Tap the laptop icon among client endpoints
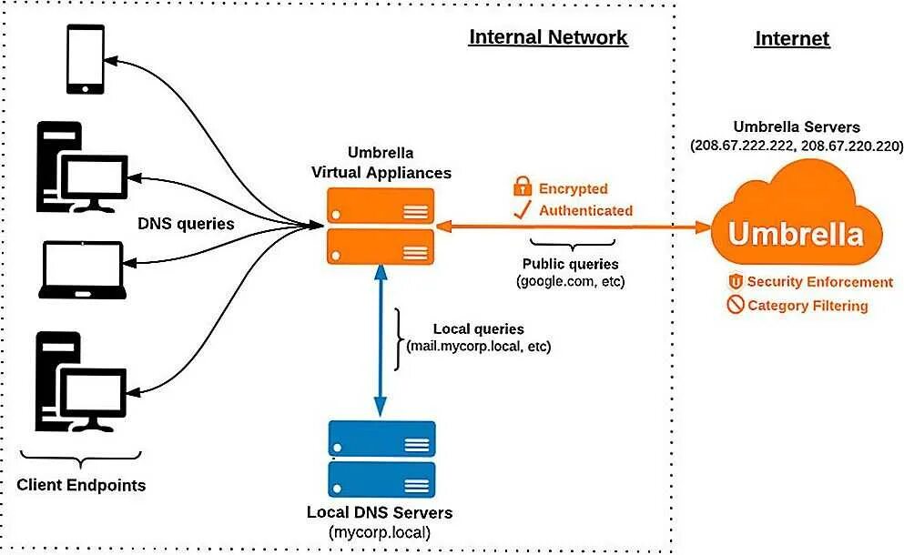point(82,270)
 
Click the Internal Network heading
point(548,37)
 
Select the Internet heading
point(792,39)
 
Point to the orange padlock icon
point(522,187)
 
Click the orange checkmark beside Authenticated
point(522,211)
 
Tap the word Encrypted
point(573,188)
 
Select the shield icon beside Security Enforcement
point(736,282)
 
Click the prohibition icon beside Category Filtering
point(736,306)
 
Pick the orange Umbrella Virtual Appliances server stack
point(381,227)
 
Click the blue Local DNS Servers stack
point(381,459)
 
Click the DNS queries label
point(186,224)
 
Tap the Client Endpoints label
point(81,485)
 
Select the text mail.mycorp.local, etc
point(479,347)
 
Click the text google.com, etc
point(571,282)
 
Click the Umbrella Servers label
point(797,127)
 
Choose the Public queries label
point(571,264)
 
